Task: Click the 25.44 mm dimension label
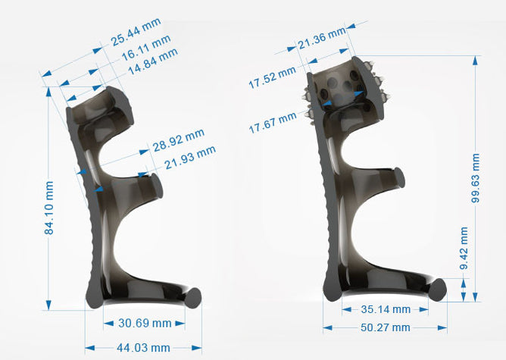136,32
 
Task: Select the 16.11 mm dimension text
146,48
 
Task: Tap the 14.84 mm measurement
153,61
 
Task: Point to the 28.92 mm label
179,140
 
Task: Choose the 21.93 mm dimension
190,158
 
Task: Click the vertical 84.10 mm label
49,208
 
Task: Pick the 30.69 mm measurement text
145,323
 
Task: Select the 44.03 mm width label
143,348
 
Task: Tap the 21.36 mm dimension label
322,38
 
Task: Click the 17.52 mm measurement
272,77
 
